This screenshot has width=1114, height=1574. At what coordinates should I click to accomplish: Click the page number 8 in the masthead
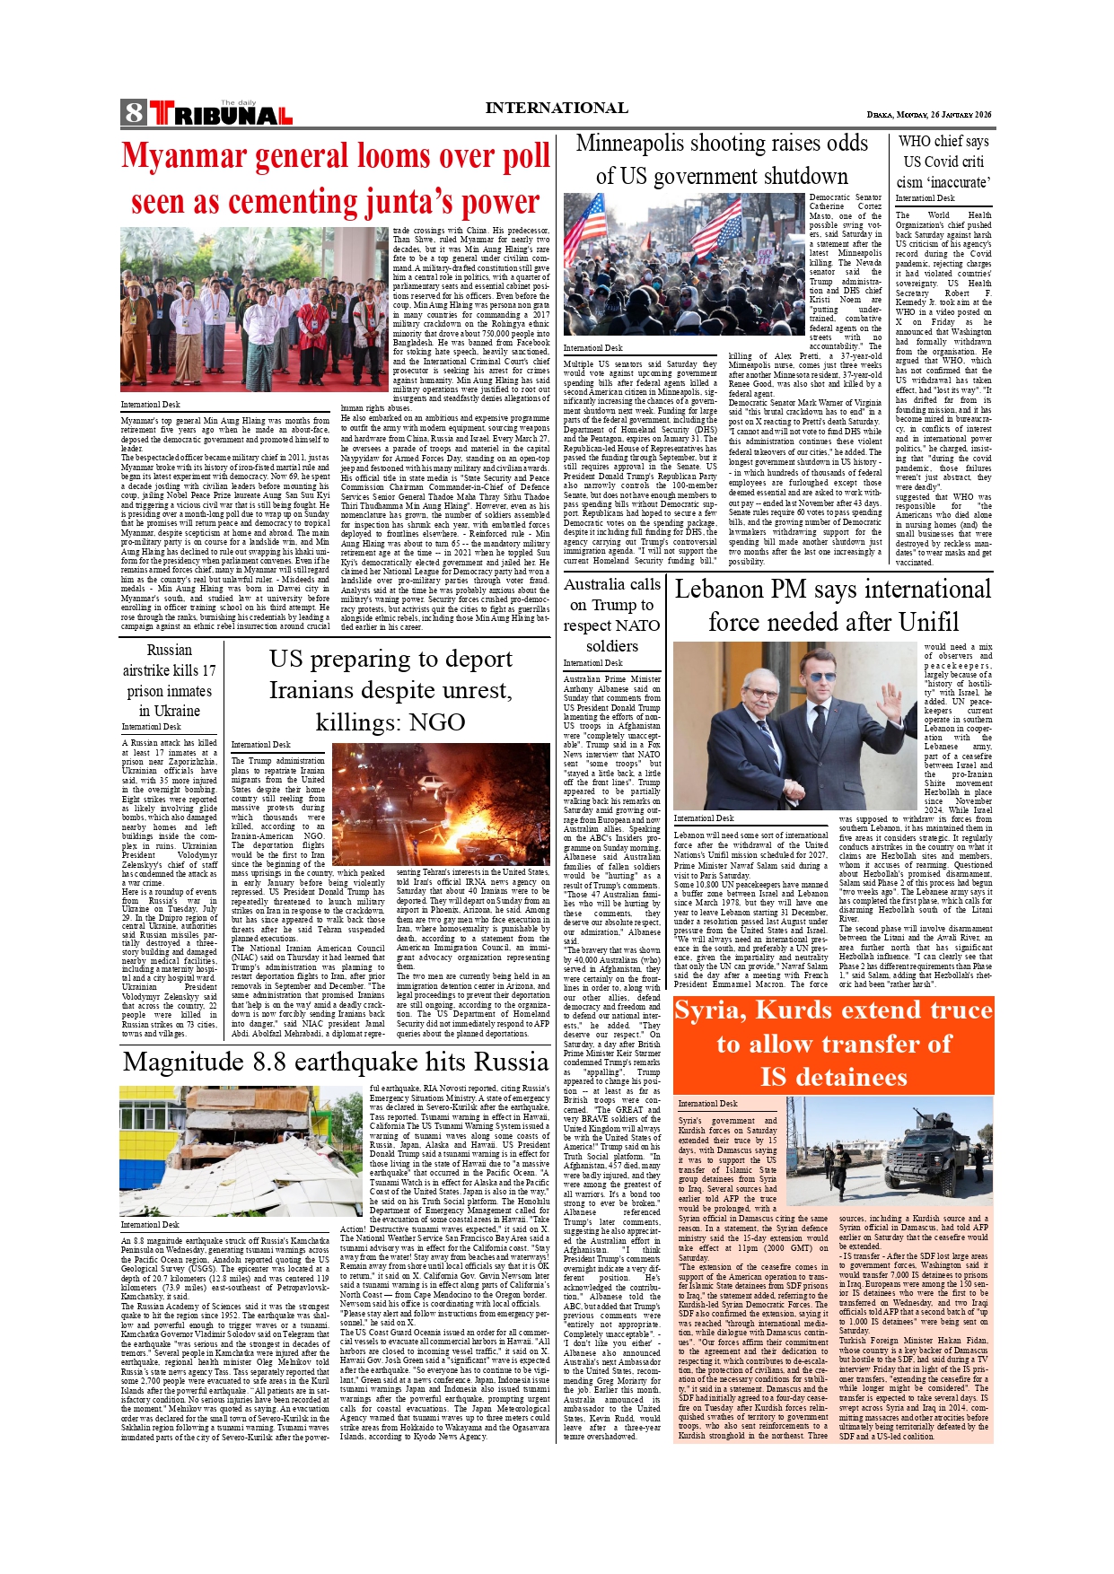(x=134, y=113)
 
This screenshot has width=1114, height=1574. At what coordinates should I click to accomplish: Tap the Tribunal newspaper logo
(x=221, y=114)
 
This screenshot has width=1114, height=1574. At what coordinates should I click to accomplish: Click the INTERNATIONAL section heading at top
(x=556, y=109)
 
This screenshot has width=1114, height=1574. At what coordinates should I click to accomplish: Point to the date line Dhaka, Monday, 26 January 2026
(x=929, y=115)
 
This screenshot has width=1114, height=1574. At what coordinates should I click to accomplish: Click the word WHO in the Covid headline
(x=915, y=142)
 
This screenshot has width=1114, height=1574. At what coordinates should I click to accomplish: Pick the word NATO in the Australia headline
(x=635, y=625)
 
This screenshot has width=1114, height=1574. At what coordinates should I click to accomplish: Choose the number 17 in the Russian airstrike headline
(x=207, y=670)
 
